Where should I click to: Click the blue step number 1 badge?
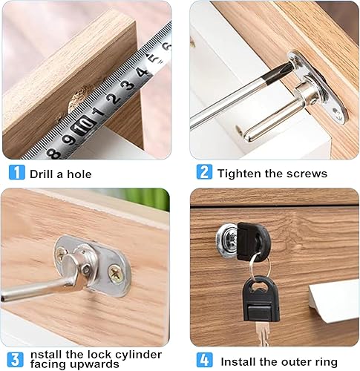coord(16,172)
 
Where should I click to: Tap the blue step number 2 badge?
coord(204,171)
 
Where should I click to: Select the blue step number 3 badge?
coord(15,360)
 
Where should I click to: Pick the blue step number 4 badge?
coord(204,360)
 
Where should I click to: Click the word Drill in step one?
coord(42,174)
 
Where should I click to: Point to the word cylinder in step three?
coord(140,355)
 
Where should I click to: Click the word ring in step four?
coord(326,362)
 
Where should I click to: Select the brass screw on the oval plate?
coord(115,275)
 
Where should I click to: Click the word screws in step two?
coord(307,174)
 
